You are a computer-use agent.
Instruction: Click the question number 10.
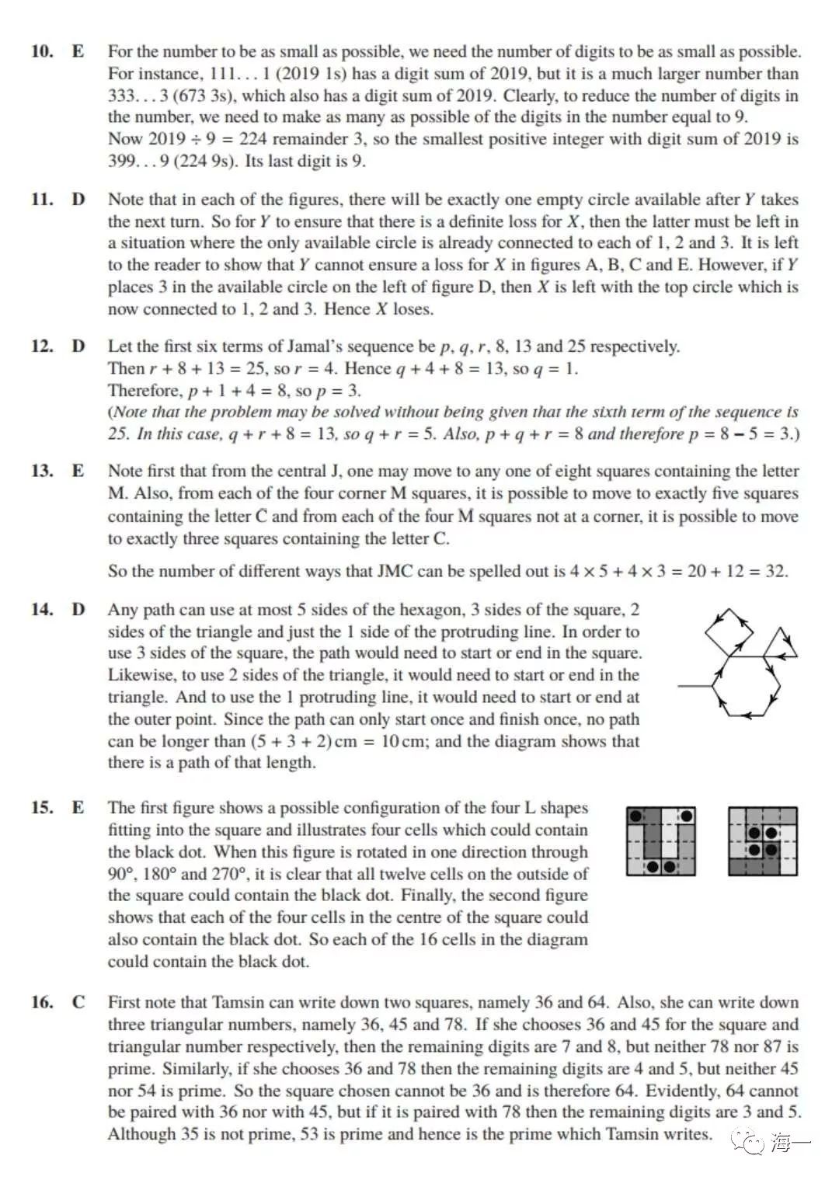tap(42, 52)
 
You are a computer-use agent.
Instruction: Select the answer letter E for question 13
tap(78, 471)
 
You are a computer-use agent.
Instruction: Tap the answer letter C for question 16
tap(78, 1002)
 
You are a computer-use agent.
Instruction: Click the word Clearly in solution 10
tap(529, 96)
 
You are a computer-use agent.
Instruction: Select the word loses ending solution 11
tap(413, 309)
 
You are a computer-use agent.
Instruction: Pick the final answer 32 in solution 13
tap(775, 572)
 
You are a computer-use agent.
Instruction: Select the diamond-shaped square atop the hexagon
tap(728, 632)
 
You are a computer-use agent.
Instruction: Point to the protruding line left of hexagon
tap(695, 686)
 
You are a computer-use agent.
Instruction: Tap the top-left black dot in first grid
tap(635, 816)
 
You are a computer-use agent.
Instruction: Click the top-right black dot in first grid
tap(687, 816)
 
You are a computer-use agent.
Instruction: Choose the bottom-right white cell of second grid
tap(789, 867)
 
